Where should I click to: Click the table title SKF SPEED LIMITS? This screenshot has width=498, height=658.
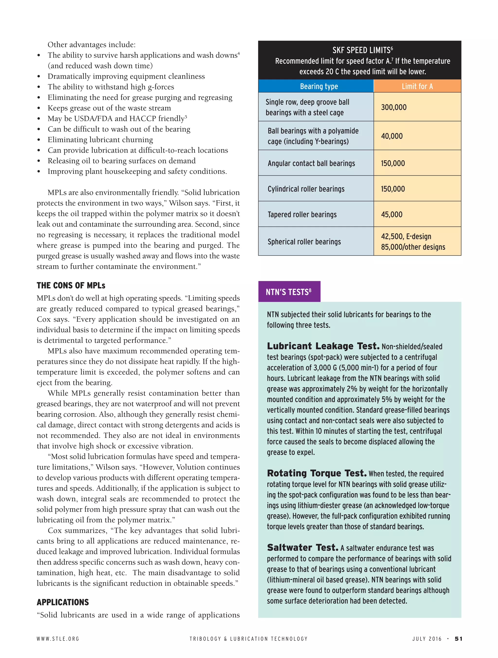coord(362,50)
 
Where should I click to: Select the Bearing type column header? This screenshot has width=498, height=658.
coord(319,86)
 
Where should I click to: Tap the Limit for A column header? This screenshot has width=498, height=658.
coord(417,86)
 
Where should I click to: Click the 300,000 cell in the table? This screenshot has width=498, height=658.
coord(393,107)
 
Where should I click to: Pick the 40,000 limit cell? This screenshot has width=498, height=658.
coord(392,136)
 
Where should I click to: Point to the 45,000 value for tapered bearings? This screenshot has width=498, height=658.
coord(391,214)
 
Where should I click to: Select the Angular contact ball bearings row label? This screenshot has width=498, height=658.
coord(311,163)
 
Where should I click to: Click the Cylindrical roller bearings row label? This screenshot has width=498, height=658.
coord(306,189)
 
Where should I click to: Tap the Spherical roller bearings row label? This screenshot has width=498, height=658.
coord(304,242)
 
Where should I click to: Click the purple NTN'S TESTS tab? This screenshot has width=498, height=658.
coord(289,292)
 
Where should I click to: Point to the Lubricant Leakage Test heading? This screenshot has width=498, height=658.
coord(323,346)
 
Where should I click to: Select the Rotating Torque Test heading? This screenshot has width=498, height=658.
coord(317,473)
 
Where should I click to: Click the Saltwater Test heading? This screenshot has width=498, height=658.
coord(302,547)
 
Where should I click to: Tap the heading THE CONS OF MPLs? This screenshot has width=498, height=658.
coord(71,286)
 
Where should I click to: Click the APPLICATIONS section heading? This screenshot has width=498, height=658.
coord(62,602)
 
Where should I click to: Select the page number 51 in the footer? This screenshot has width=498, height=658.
coord(458,639)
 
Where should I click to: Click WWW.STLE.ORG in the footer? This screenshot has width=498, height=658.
coord(58,639)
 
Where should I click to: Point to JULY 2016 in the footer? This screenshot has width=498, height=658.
coord(427,639)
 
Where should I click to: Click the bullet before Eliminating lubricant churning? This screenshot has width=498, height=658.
coord(39,140)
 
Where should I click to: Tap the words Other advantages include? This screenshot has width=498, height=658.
coord(91,45)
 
